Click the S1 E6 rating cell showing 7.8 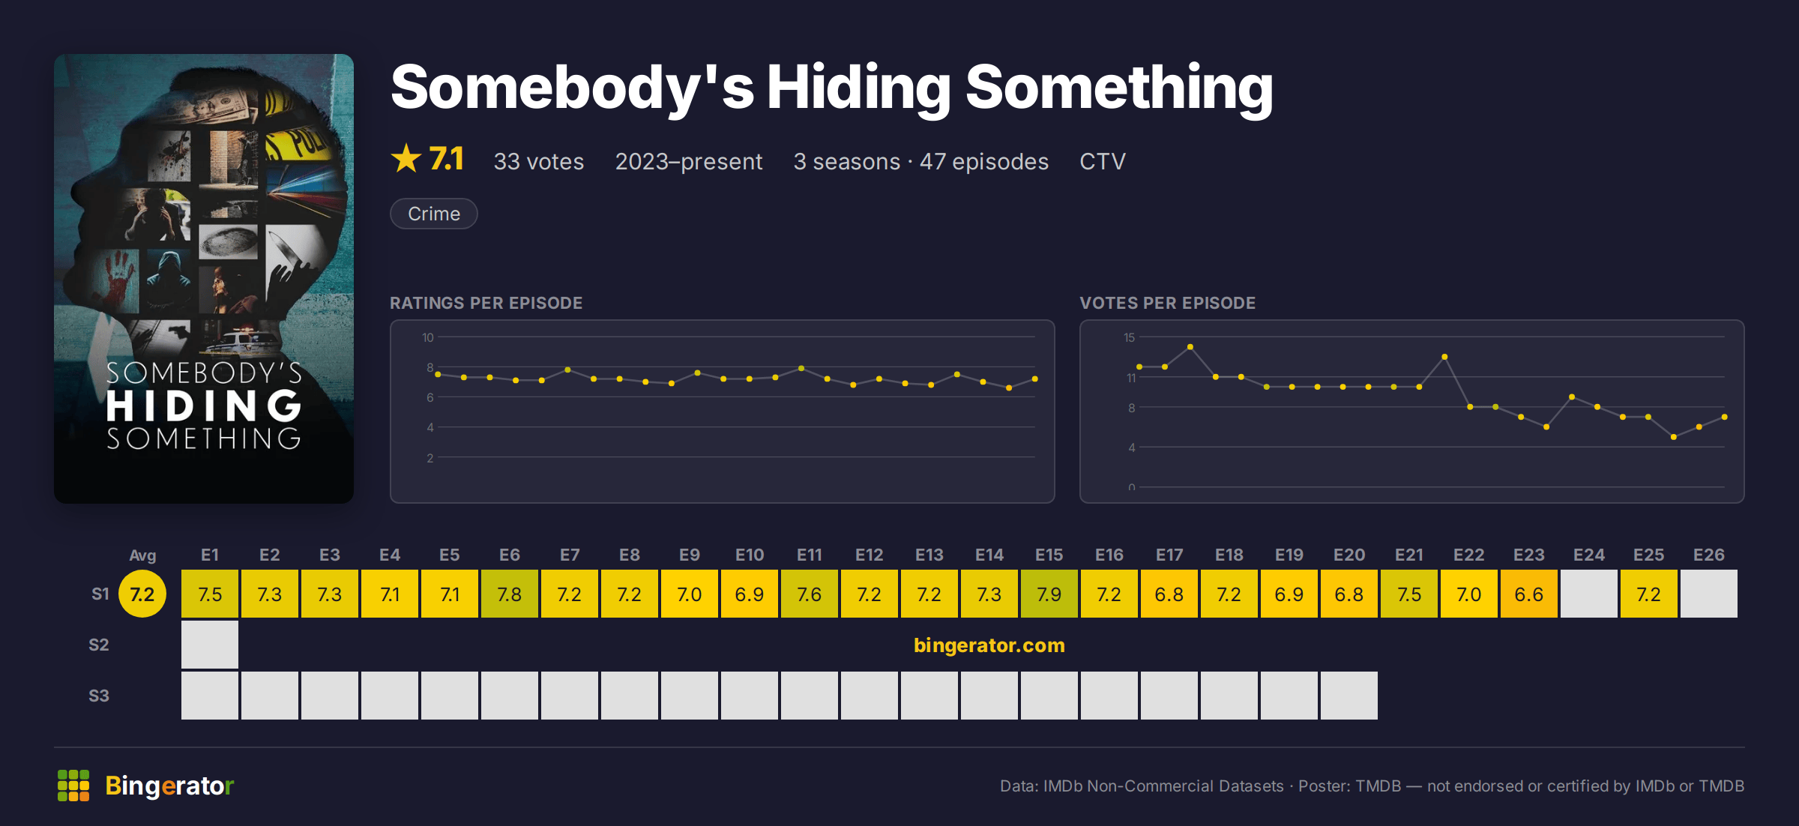(x=510, y=594)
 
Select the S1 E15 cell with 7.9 (x=1049, y=594)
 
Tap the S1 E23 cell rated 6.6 (x=1529, y=594)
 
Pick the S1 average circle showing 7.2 (x=142, y=594)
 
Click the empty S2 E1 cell (x=210, y=645)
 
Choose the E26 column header (x=1709, y=555)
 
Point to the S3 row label (x=99, y=696)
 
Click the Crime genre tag (x=434, y=214)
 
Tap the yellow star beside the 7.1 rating (x=406, y=158)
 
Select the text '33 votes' (x=539, y=161)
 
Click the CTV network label (x=1103, y=161)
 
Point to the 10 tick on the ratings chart (x=427, y=337)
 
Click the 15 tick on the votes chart (x=1129, y=337)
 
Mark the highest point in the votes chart (x=1190, y=347)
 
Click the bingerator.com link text (x=989, y=645)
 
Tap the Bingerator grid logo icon (x=73, y=786)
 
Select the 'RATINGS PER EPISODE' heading (x=486, y=303)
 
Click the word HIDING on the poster (x=204, y=406)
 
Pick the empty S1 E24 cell (x=1589, y=594)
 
